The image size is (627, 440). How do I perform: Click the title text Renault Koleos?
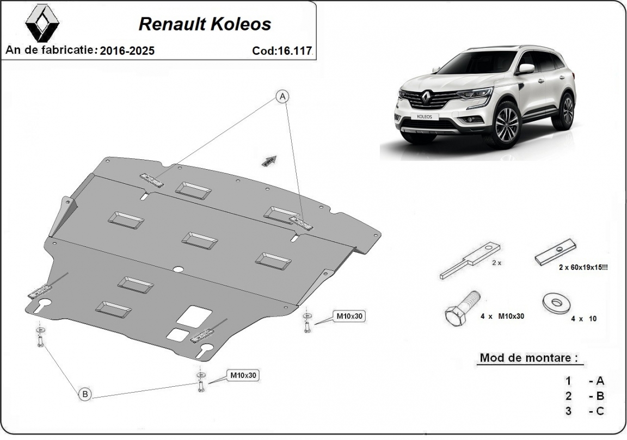205,24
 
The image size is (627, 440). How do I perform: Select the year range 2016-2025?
127,51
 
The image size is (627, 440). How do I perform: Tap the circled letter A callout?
282,97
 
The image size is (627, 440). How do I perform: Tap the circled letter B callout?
85,394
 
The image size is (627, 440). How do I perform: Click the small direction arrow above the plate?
269,160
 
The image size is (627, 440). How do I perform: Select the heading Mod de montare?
527,358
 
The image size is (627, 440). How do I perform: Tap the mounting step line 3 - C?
585,411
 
